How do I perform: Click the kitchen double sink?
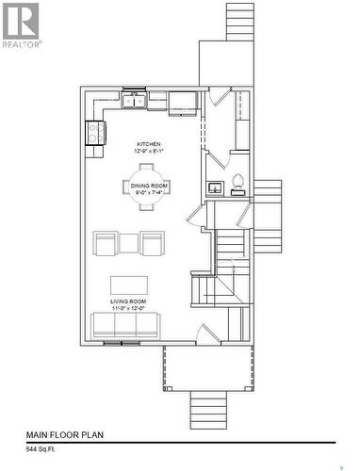click(x=134, y=98)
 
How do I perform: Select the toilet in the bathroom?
click(x=237, y=183)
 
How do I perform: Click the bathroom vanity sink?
click(x=215, y=187)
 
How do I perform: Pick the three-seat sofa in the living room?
click(x=125, y=326)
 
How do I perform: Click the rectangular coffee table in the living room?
click(x=130, y=285)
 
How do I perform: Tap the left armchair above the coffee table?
click(x=106, y=244)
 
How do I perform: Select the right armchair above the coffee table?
click(x=153, y=244)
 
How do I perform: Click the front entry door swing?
click(x=208, y=333)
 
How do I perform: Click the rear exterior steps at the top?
click(x=239, y=21)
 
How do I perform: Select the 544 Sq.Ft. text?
click(x=44, y=450)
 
